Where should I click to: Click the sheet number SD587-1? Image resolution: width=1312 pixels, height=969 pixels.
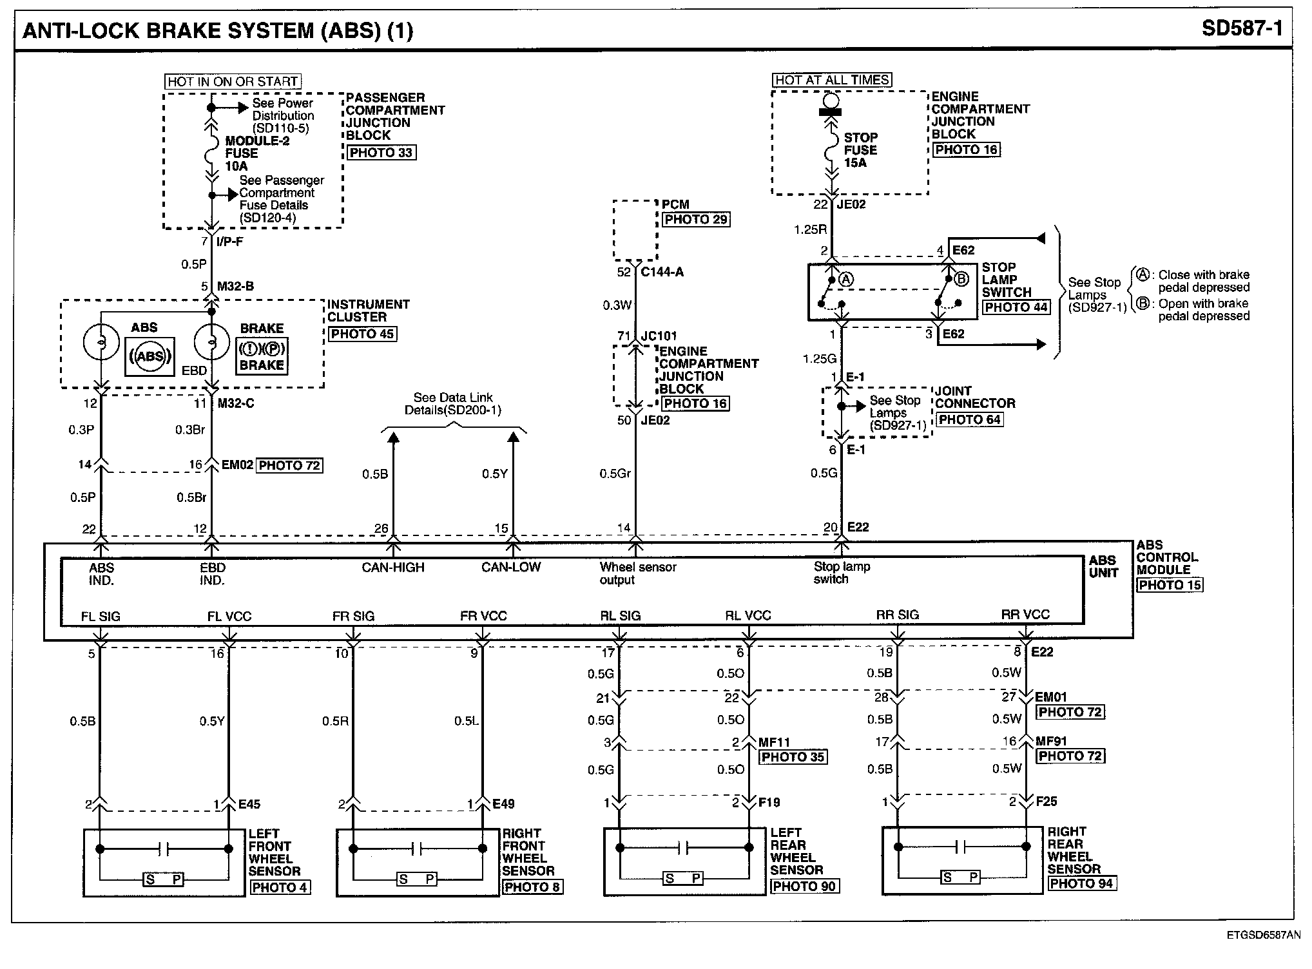click(x=1242, y=29)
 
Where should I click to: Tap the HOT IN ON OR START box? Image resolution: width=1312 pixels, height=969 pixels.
click(x=233, y=82)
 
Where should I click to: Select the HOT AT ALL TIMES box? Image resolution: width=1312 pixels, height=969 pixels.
click(x=832, y=80)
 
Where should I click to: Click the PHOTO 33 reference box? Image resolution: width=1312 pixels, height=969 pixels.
click(x=381, y=153)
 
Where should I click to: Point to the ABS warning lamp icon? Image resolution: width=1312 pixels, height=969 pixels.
click(x=150, y=356)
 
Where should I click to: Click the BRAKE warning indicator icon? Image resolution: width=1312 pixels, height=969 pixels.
click(x=262, y=356)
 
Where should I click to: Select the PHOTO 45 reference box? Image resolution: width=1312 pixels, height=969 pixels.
click(x=362, y=334)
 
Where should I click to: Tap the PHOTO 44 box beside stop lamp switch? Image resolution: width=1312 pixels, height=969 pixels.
click(x=1016, y=307)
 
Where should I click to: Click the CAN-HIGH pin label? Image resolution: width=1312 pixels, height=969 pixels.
click(x=393, y=568)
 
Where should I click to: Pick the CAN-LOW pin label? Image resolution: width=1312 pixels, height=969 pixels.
click(x=511, y=568)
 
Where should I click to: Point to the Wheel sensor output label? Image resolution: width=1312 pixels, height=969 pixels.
click(x=637, y=573)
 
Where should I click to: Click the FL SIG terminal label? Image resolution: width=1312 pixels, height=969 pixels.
click(x=101, y=617)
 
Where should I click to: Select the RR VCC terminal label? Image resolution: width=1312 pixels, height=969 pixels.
click(x=1025, y=615)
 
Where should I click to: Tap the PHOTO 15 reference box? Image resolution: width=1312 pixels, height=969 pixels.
click(x=1169, y=585)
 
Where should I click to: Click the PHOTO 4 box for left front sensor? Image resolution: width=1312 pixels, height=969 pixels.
click(x=280, y=887)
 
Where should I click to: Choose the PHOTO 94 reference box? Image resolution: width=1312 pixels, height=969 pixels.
click(x=1081, y=883)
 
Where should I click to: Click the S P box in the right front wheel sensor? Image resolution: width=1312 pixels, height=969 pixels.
click(x=417, y=879)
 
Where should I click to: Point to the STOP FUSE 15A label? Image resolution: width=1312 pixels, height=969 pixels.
click(x=860, y=150)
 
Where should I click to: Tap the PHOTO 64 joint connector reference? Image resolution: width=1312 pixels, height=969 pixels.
click(x=969, y=419)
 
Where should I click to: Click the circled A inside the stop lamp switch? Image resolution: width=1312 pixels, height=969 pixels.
click(x=846, y=279)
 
